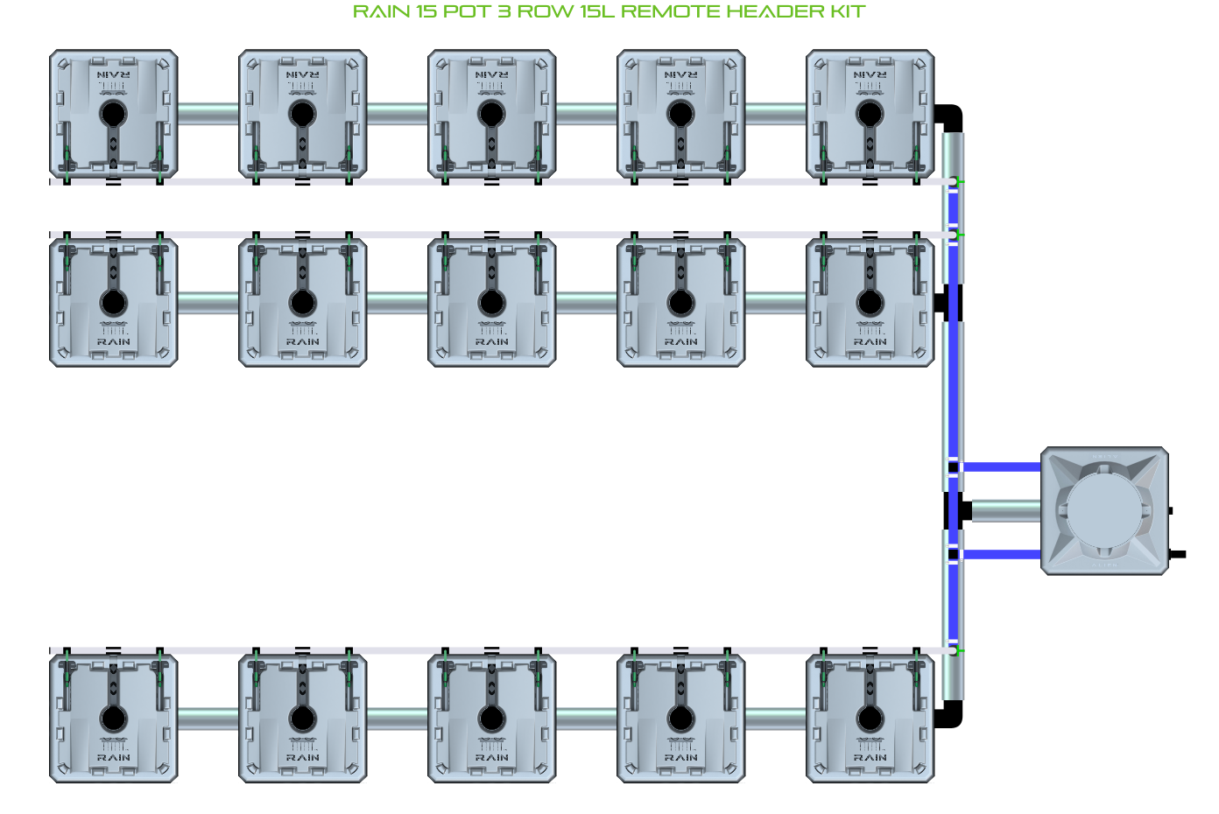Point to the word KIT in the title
tap(846, 12)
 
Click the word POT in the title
tap(467, 12)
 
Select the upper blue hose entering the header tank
tap(1001, 467)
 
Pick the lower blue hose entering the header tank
tap(1001, 554)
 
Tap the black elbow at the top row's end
tap(950, 116)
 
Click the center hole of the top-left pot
tap(113, 114)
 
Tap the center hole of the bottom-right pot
tap(870, 719)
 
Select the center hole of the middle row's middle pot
tap(491, 303)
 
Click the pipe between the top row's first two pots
tap(208, 114)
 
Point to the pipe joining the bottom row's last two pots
tap(776, 719)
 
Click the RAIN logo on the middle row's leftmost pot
tap(113, 341)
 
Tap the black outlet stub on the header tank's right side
tap(1178, 554)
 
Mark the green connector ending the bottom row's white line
tap(959, 650)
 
